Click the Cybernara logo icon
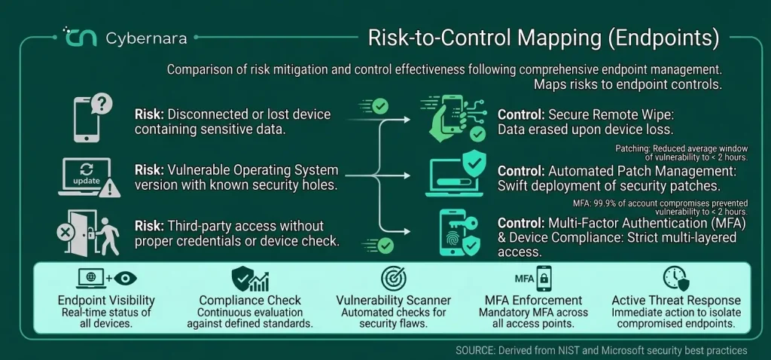[79, 37]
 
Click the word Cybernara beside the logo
[146, 38]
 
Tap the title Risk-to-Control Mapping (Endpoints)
[544, 38]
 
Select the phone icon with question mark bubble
[93, 118]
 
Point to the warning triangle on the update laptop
[109, 188]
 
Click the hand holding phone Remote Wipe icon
[453, 117]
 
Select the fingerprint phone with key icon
[459, 233]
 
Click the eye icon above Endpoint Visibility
[126, 279]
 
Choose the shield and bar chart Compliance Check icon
[250, 279]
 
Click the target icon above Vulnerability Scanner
[393, 279]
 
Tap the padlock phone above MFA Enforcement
[544, 279]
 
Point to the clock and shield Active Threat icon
[676, 279]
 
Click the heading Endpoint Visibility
[106, 301]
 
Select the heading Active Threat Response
[676, 301]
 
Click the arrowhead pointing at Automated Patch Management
[406, 175]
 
